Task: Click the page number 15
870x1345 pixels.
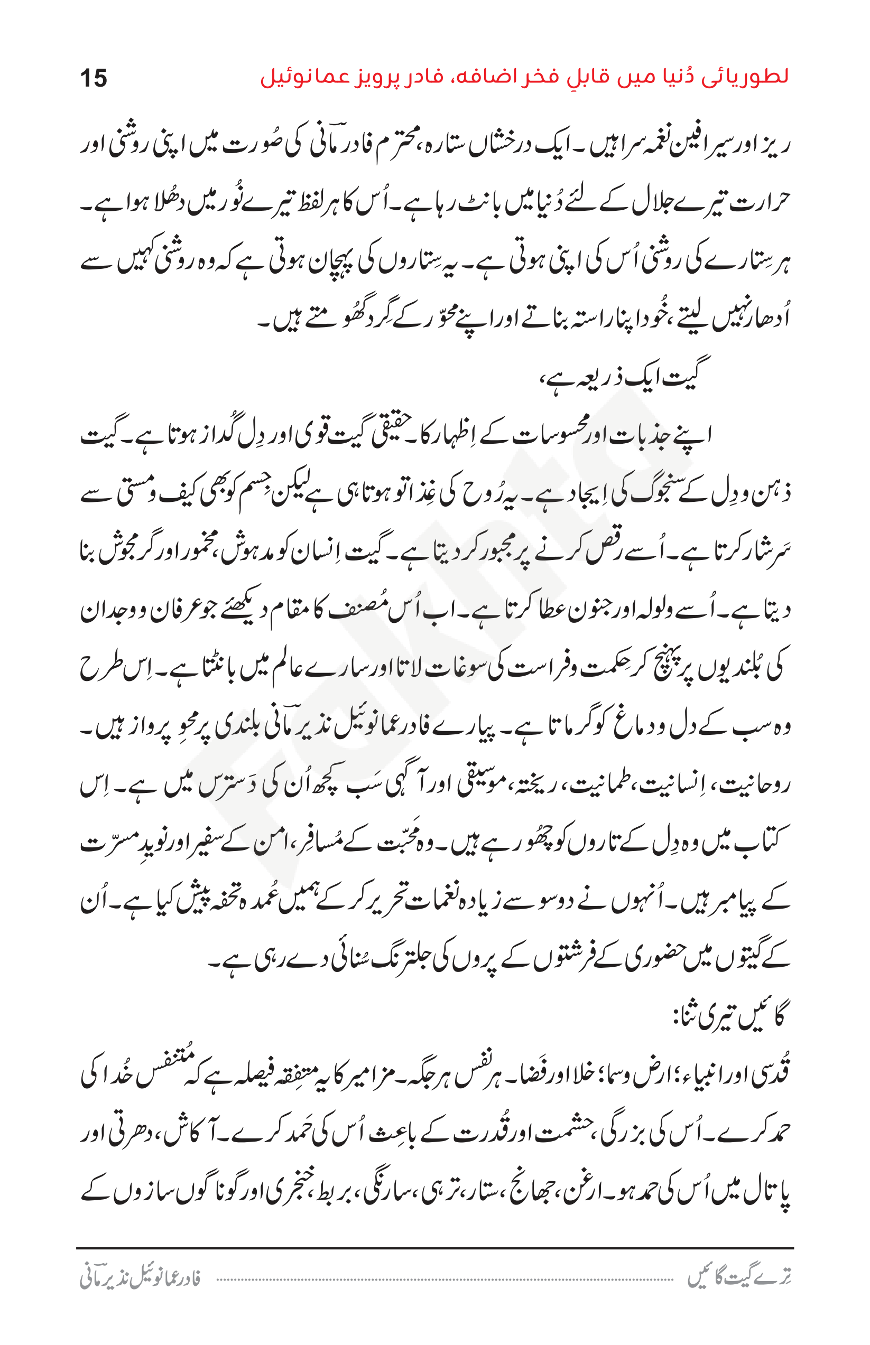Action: pos(93,78)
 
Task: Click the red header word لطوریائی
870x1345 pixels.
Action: pos(745,77)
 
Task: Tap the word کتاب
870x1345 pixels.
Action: pos(766,843)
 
